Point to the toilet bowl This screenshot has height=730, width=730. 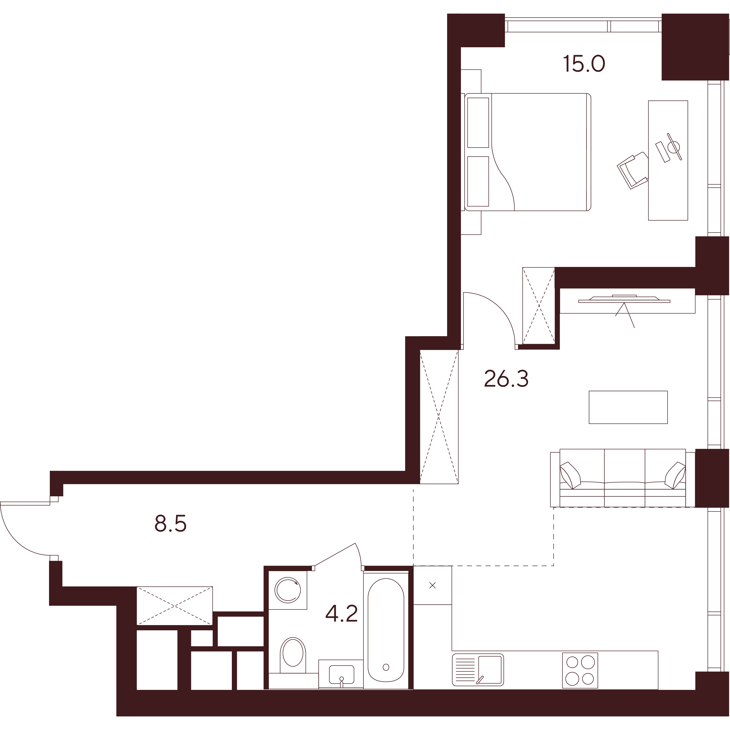pyautogui.click(x=293, y=656)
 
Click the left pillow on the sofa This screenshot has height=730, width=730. pyautogui.click(x=570, y=476)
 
